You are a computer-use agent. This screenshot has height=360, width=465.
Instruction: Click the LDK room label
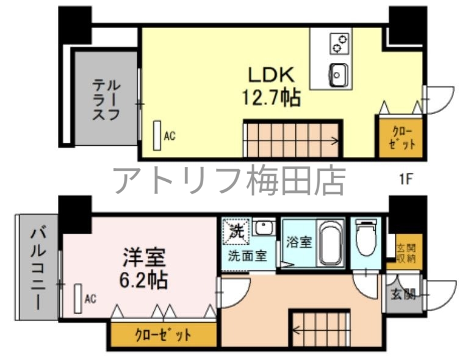[x=272, y=75]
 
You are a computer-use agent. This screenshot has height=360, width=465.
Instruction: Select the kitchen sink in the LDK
[x=337, y=75]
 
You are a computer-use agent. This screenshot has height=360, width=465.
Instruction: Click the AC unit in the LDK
[x=157, y=135]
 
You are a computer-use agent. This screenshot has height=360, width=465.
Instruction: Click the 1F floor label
[x=406, y=179]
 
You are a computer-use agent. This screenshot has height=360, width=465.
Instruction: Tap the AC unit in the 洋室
[x=78, y=298]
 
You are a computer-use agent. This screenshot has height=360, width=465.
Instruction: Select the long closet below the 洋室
[x=163, y=334]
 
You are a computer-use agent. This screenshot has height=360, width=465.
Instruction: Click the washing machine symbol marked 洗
[x=237, y=231]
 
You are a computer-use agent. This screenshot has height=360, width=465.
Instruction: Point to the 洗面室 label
[x=247, y=256]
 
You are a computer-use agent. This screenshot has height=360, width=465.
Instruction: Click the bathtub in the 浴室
[x=330, y=243]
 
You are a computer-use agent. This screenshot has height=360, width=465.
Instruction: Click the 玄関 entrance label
[x=402, y=295]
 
